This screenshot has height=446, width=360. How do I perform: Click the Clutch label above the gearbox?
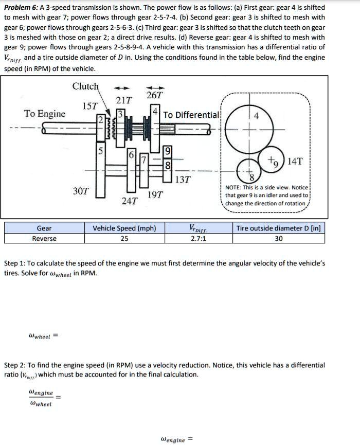[x=85, y=86]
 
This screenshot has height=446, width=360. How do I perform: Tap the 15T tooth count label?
[x=91, y=106]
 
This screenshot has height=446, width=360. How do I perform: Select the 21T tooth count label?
[x=123, y=99]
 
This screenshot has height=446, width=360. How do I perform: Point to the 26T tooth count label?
[x=154, y=95]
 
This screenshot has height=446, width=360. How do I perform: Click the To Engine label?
[x=45, y=114]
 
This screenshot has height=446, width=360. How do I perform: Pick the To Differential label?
[x=191, y=115]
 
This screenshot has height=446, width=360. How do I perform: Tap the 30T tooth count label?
[x=81, y=191]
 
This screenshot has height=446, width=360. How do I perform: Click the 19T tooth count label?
[x=155, y=194]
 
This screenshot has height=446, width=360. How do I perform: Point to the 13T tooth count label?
[x=183, y=180]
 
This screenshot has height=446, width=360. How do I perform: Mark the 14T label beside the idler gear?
[x=295, y=161]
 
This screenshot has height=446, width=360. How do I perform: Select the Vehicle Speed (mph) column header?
[x=124, y=228]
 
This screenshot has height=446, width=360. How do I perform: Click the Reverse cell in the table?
[x=44, y=238]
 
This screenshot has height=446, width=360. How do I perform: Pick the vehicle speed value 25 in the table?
[x=124, y=238]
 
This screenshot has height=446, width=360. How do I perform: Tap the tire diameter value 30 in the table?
[x=278, y=238]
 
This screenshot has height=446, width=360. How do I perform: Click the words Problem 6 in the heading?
[x=19, y=7]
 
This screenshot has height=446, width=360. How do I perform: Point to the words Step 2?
[x=15, y=365]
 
